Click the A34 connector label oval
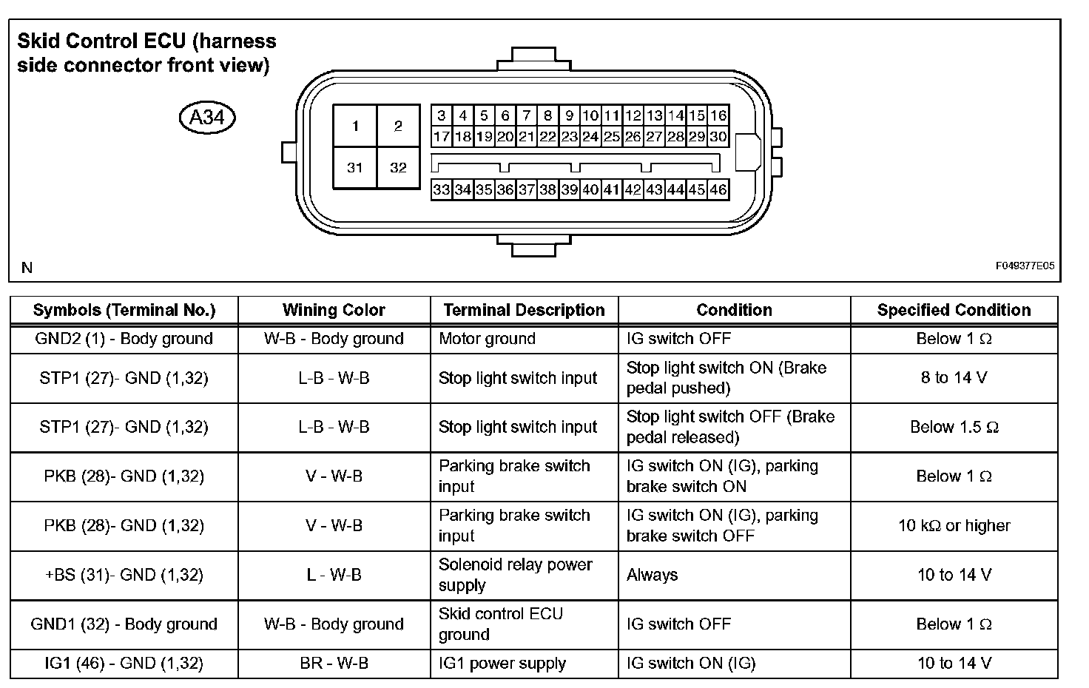click(x=207, y=117)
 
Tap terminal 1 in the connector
click(x=355, y=126)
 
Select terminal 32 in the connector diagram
click(x=398, y=167)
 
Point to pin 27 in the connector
click(x=654, y=137)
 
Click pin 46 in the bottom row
click(x=718, y=189)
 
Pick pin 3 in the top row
click(x=442, y=115)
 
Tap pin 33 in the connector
click(x=442, y=189)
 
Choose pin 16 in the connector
click(x=718, y=115)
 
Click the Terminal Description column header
click(x=524, y=310)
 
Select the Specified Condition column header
click(x=954, y=310)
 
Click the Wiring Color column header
click(x=334, y=310)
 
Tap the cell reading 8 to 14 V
click(x=954, y=378)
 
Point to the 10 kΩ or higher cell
click(x=954, y=526)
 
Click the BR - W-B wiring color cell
click(x=334, y=664)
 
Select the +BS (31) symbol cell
click(x=124, y=575)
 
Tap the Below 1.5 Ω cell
click(x=954, y=428)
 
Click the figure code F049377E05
click(x=1025, y=266)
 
